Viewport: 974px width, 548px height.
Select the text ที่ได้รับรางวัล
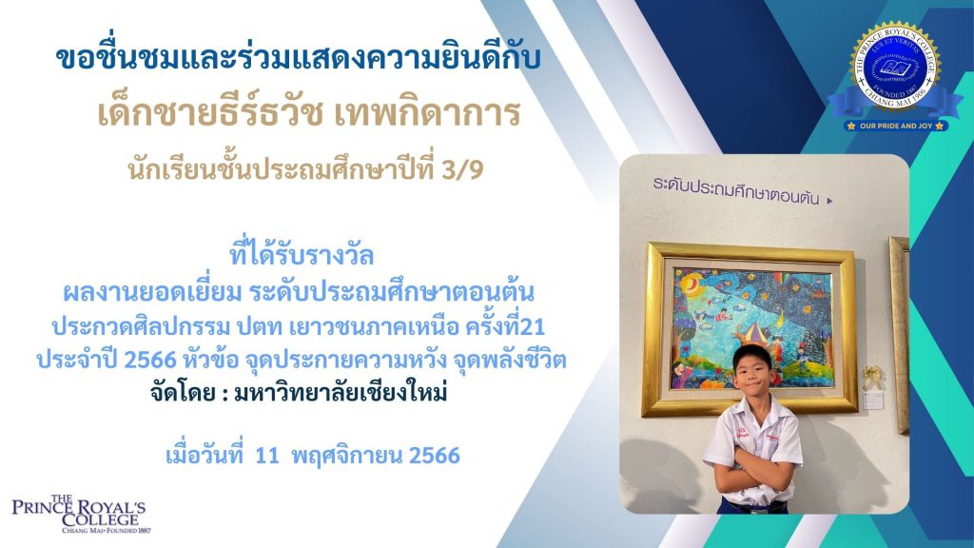[302, 255]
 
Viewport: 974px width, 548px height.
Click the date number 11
[267, 456]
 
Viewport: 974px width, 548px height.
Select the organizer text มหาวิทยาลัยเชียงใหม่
[341, 393]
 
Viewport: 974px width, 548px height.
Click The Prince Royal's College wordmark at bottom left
[81, 514]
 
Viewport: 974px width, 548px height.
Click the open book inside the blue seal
[894, 68]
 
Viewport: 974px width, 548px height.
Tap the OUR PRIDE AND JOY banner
[896, 126]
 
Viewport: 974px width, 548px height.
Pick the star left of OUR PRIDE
[851, 127]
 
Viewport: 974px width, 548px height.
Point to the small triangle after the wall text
[829, 201]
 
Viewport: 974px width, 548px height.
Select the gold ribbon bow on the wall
[873, 377]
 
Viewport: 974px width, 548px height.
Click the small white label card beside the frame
[873, 401]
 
